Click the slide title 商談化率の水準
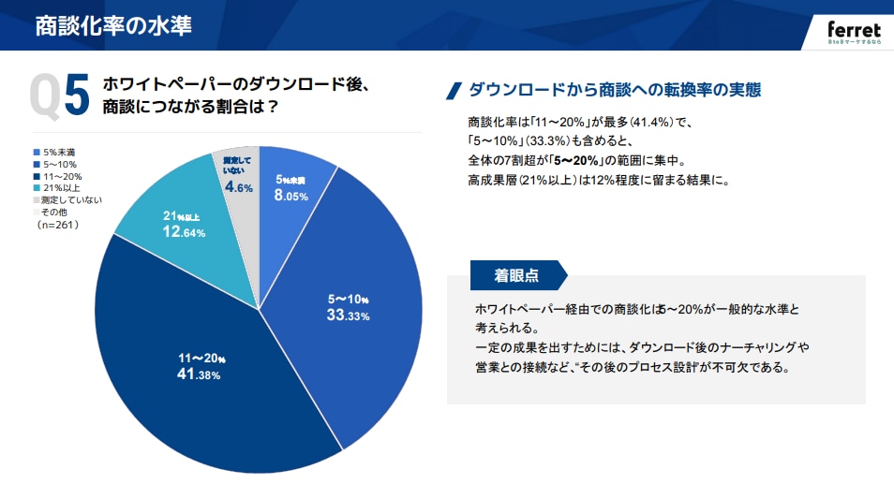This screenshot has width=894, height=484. [x=113, y=25]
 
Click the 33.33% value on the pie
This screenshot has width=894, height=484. [x=348, y=308]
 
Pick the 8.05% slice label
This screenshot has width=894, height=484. [x=291, y=188]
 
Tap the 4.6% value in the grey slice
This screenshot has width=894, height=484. [x=237, y=186]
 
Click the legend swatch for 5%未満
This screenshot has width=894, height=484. [x=37, y=153]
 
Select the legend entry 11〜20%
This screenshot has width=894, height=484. [x=61, y=176]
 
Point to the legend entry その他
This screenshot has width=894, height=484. [x=55, y=213]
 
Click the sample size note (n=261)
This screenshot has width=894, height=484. [x=57, y=225]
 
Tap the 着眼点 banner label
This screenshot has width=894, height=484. [x=516, y=275]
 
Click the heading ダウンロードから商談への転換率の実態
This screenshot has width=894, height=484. [x=614, y=91]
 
